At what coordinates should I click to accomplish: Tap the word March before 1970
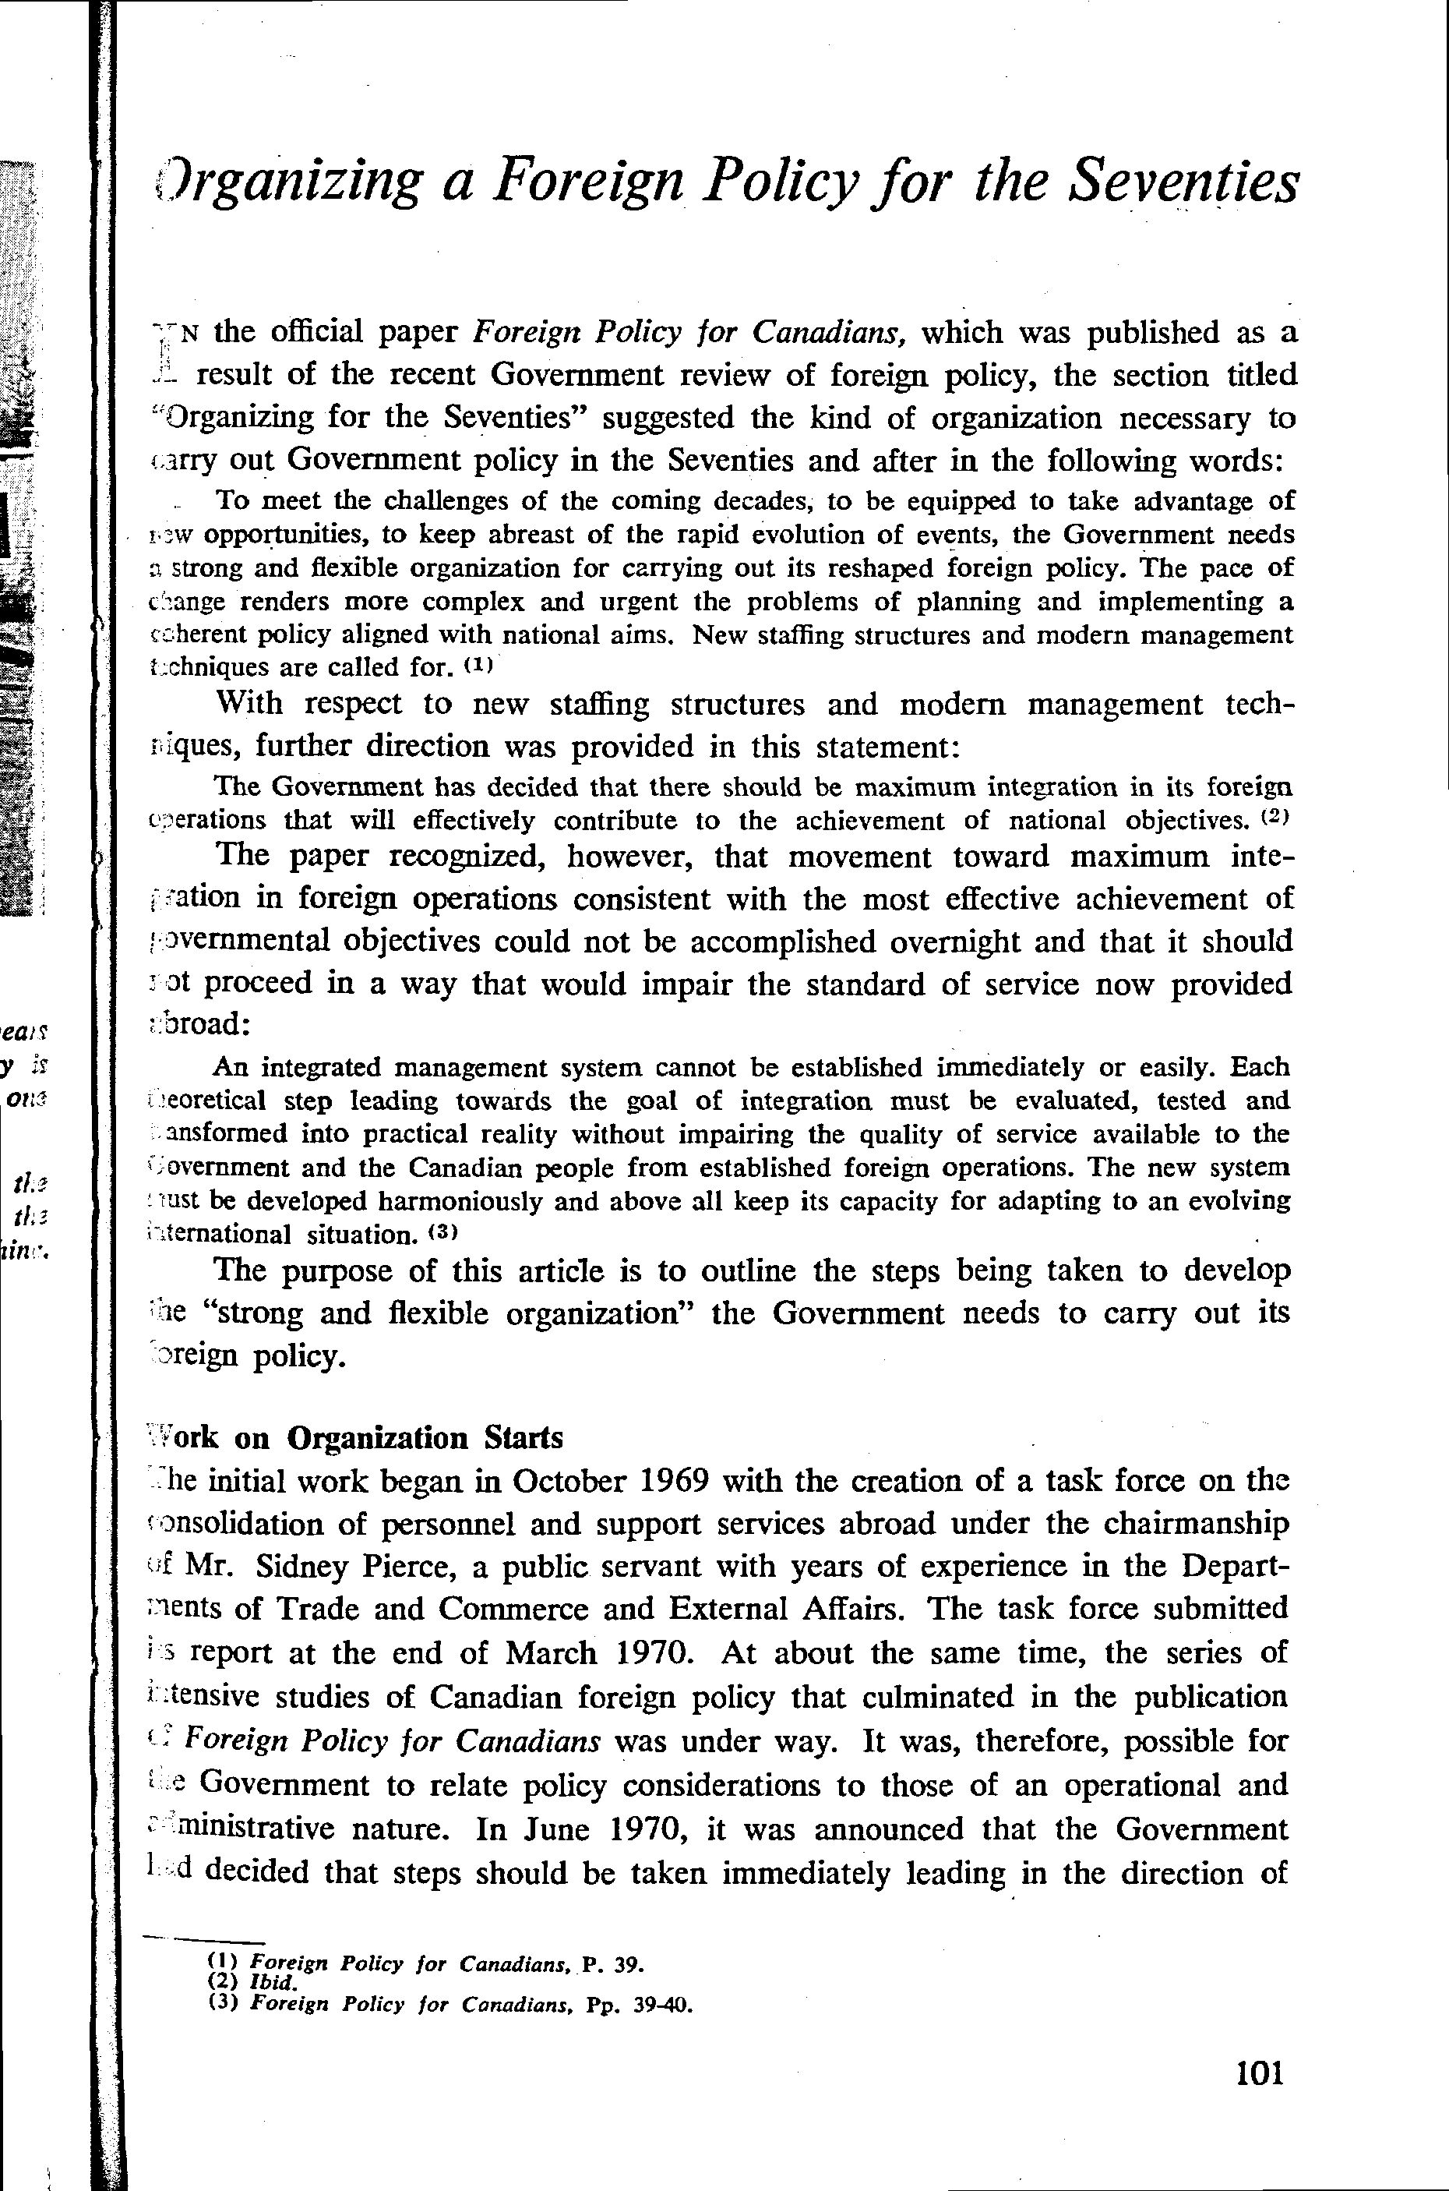coord(550,1652)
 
